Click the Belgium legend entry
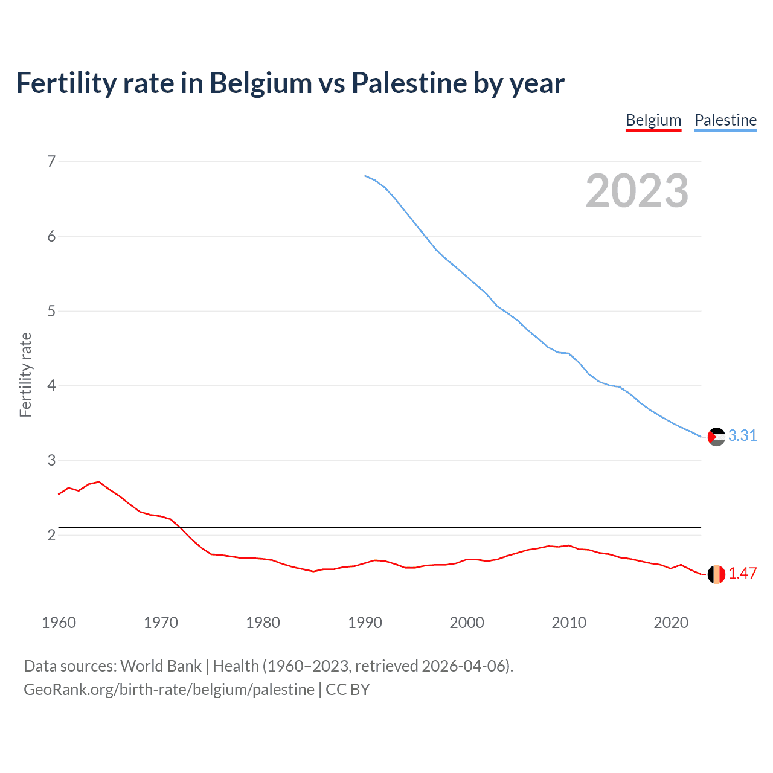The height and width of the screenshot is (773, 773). pyautogui.click(x=653, y=120)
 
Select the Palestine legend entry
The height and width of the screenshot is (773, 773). pyautogui.click(x=725, y=120)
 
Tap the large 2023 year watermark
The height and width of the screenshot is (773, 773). pyautogui.click(x=637, y=191)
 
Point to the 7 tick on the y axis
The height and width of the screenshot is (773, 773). pyautogui.click(x=51, y=161)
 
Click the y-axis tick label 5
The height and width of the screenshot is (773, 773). pyautogui.click(x=51, y=311)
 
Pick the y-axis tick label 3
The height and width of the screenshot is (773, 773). pyautogui.click(x=51, y=460)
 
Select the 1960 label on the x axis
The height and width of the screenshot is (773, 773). pyautogui.click(x=59, y=623)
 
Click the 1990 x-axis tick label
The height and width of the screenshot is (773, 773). pyautogui.click(x=365, y=623)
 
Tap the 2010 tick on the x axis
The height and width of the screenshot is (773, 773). pyautogui.click(x=569, y=623)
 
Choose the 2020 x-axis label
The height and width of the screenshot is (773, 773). pyautogui.click(x=671, y=623)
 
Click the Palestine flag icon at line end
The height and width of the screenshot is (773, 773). pyautogui.click(x=716, y=436)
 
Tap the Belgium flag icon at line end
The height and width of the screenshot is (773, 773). pyautogui.click(x=716, y=574)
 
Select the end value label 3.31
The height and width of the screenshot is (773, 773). pyautogui.click(x=742, y=435)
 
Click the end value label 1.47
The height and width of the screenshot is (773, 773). pyautogui.click(x=742, y=573)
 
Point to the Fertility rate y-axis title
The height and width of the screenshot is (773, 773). pyautogui.click(x=25, y=374)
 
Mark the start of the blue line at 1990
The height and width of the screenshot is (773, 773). pyautogui.click(x=365, y=176)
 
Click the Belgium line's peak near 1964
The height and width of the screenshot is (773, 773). pyautogui.click(x=99, y=482)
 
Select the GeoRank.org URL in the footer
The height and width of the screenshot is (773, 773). pyautogui.click(x=168, y=690)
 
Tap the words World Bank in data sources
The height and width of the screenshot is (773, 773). pyautogui.click(x=161, y=666)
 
